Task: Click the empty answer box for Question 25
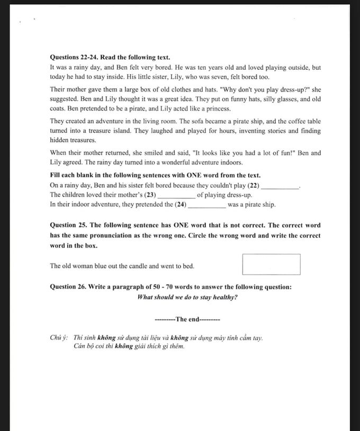tap(271, 264)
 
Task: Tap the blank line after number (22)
tap(281, 186)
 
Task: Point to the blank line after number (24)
tap(207, 205)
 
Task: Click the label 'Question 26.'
tap(71, 287)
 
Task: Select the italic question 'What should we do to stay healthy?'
tap(187, 297)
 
